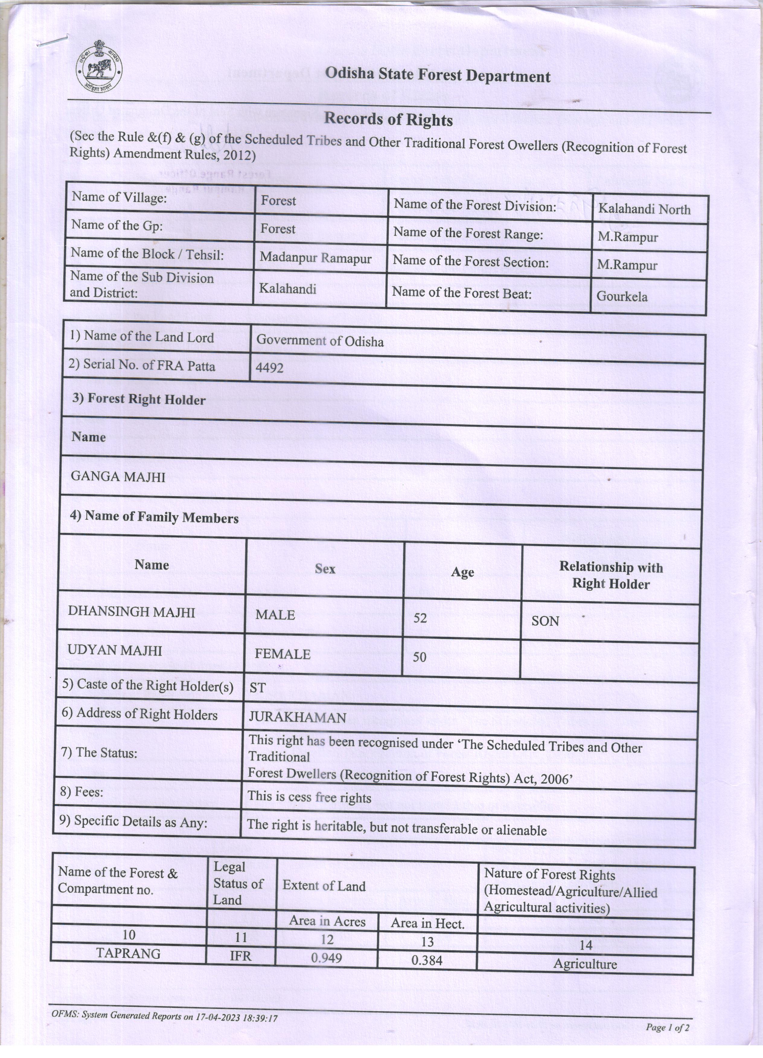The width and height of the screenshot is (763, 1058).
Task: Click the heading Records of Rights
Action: tap(388, 119)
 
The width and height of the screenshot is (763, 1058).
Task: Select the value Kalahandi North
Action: tap(644, 209)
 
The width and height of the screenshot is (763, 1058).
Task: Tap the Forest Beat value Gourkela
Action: tap(622, 296)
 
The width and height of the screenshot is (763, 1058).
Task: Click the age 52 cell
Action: tap(420, 618)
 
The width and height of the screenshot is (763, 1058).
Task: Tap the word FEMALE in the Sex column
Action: tap(282, 654)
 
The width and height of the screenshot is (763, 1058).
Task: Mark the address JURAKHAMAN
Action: tap(297, 717)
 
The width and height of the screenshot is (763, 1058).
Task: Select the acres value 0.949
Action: tap(327, 958)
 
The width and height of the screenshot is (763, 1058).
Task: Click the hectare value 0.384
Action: tap(427, 960)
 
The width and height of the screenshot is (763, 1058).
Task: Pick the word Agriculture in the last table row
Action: tap(585, 964)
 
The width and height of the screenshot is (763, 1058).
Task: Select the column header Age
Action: tap(462, 572)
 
